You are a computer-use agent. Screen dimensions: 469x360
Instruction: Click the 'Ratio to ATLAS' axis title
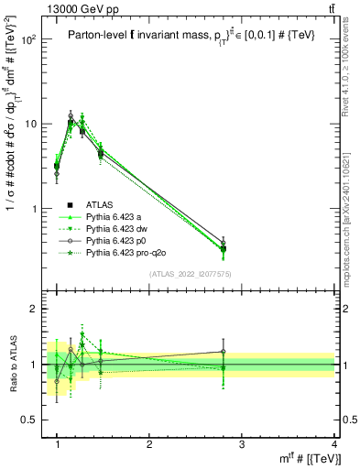11,365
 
